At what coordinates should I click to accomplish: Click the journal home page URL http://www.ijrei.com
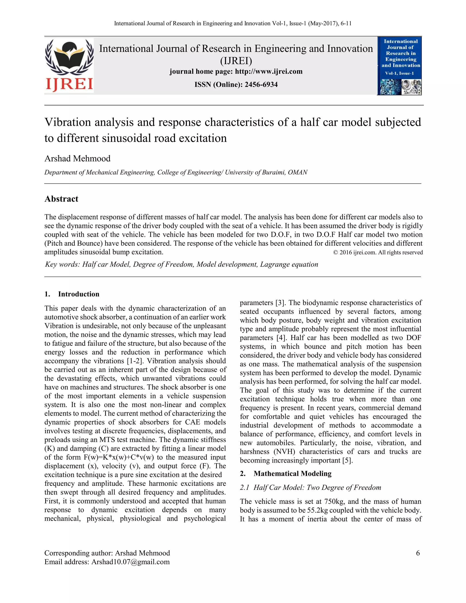pyautogui.click(x=269, y=71)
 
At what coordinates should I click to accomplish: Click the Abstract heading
pyautogui.click(x=61, y=199)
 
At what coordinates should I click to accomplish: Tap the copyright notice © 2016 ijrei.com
pyautogui.click(x=378, y=252)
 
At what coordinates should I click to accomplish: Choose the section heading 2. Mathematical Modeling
pyautogui.click(x=286, y=474)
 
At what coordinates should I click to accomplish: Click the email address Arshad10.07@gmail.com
pyautogui.click(x=130, y=562)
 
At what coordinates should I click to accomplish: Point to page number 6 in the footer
pyautogui.click(x=418, y=553)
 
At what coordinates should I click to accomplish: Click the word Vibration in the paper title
pyautogui.click(x=68, y=122)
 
